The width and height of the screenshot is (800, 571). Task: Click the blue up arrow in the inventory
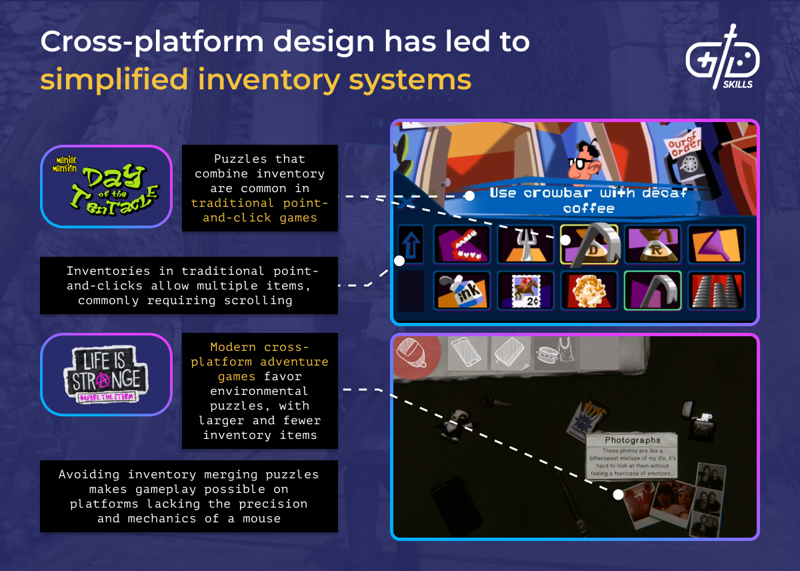(411, 244)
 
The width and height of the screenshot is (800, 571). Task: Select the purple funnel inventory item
(716, 244)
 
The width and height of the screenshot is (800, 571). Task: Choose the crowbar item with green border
(653, 290)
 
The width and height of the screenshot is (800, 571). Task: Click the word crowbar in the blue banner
(549, 193)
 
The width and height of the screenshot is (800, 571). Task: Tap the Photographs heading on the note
(632, 440)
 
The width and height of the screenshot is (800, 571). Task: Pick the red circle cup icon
(413, 354)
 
